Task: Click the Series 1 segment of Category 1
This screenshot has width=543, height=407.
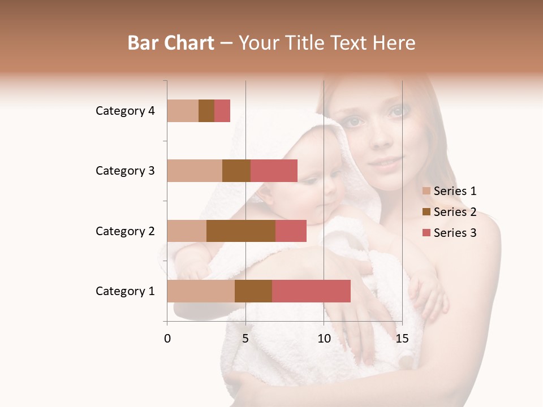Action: [201, 291]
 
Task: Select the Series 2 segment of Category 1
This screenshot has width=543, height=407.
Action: [253, 291]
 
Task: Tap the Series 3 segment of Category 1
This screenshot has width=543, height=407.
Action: [311, 291]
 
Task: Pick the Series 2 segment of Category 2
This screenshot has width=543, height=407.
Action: [241, 231]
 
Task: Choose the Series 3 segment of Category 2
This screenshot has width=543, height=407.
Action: [291, 231]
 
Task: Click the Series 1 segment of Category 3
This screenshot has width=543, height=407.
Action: [195, 171]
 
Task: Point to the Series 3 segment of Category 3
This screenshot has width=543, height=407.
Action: [274, 171]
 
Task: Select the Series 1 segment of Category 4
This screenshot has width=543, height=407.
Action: [183, 111]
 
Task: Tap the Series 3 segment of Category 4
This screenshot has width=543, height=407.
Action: [222, 111]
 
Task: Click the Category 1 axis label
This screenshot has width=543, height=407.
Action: [125, 291]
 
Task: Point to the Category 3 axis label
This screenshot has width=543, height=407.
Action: [125, 171]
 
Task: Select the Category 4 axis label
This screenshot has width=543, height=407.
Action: [125, 111]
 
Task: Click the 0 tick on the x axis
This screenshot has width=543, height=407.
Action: [167, 339]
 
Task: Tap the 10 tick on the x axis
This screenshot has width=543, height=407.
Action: [324, 339]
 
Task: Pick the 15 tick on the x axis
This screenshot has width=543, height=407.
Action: [402, 339]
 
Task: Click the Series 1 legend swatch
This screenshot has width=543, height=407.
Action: [426, 191]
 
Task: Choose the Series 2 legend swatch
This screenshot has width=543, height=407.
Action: [426, 212]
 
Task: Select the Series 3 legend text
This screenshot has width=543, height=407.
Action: [455, 233]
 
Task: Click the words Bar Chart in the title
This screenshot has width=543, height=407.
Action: [171, 43]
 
